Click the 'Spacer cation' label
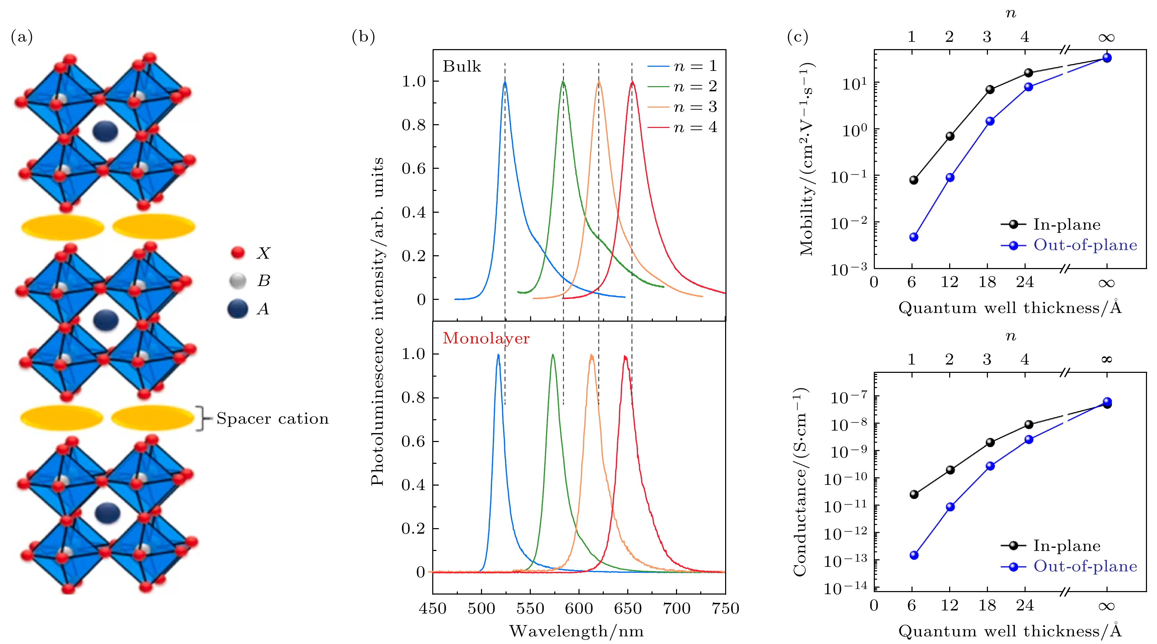tap(272, 418)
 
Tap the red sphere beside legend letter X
tap(238, 252)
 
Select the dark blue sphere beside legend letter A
tap(238, 309)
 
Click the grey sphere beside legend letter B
tap(238, 281)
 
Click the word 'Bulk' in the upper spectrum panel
tap(462, 66)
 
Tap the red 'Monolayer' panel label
tap(486, 338)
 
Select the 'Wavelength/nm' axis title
tap(576, 632)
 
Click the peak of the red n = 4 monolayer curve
tap(625, 357)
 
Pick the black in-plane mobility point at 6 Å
tap(914, 180)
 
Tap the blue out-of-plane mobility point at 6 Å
tap(914, 237)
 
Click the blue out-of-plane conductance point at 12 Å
tap(950, 507)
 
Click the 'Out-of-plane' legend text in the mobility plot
tap(1085, 245)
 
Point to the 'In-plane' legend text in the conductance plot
tap(1067, 546)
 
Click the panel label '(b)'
tap(363, 36)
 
